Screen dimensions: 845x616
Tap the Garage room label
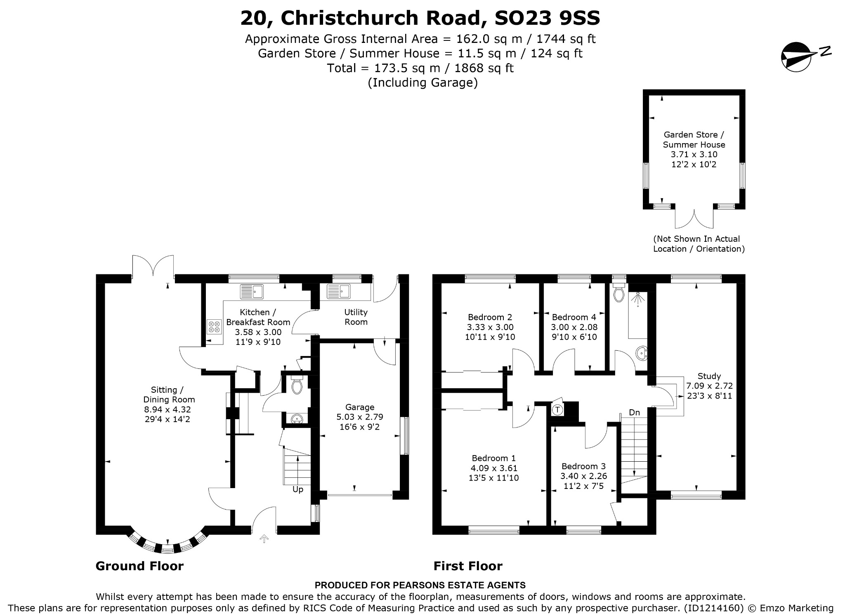pos(360,407)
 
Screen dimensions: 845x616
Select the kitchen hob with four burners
pos(214,327)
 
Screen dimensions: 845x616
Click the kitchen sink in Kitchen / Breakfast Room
pos(252,291)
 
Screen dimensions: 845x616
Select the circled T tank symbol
pos(557,410)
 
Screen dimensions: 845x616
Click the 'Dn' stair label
pos(634,412)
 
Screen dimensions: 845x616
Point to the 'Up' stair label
pos(298,489)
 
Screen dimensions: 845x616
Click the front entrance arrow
pos(264,539)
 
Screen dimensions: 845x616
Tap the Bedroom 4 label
pos(574,317)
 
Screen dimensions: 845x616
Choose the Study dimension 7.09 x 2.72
pos(709,386)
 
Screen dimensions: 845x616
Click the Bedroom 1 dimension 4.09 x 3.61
pos(494,468)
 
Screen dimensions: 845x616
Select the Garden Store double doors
pos(694,219)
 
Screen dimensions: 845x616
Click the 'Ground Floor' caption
pos(139,566)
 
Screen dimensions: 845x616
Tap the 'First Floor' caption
pos(468,566)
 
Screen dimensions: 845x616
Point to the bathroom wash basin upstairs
pos(642,354)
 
